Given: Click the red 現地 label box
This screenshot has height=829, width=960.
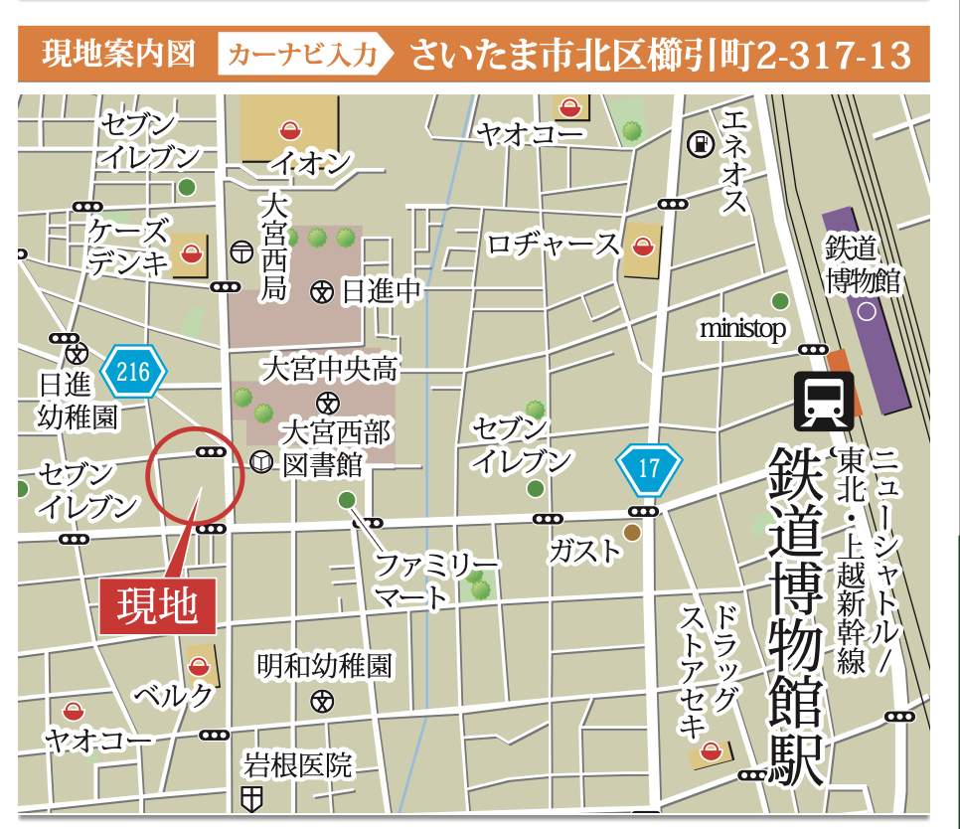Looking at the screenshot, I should click(158, 604).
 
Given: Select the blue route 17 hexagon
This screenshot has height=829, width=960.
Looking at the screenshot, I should click(648, 467).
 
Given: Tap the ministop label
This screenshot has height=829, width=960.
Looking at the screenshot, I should click(741, 328).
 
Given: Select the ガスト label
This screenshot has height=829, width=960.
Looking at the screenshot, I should click(584, 551).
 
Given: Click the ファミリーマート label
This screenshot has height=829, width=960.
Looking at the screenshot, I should click(435, 581).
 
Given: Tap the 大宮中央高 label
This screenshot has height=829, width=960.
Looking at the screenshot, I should click(330, 370).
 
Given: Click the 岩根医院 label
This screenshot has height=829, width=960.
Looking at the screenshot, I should click(298, 765).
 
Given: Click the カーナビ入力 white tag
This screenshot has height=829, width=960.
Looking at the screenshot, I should click(303, 55).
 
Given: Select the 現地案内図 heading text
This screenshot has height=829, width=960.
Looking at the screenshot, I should click(118, 55).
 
